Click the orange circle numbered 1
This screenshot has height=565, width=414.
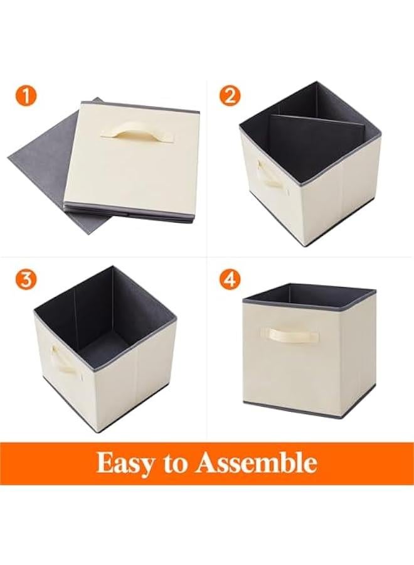coord(26,96)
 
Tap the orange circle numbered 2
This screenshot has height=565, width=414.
coord(231,96)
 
